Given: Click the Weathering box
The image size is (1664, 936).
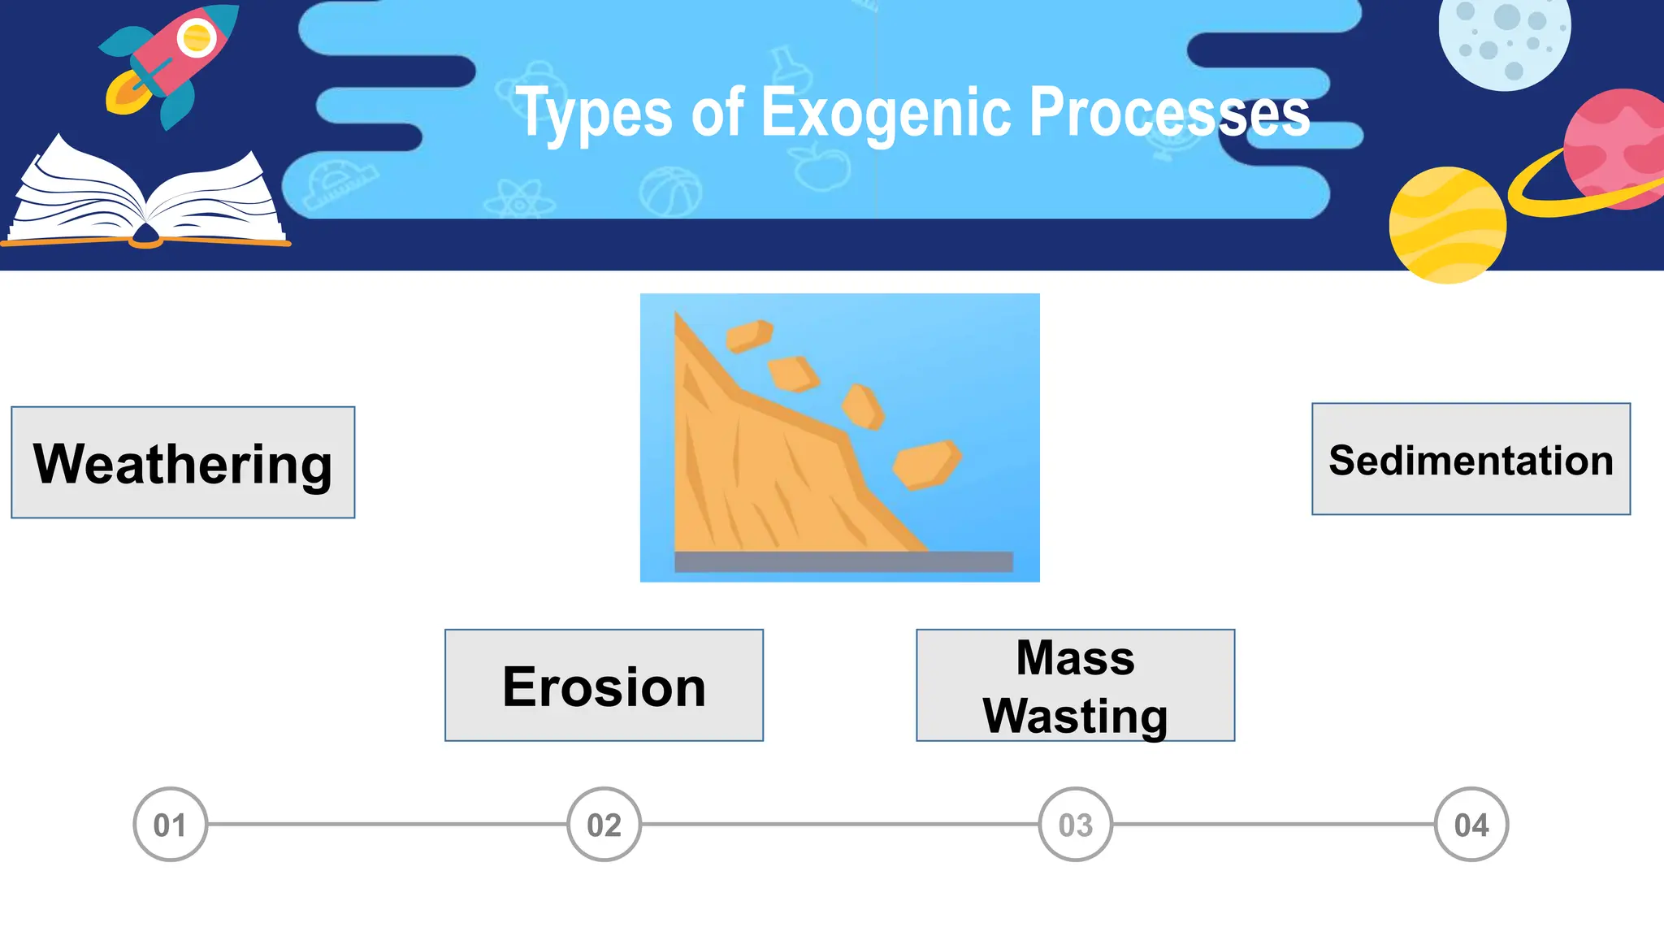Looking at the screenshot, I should [183, 462].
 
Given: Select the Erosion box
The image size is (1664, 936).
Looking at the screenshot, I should [604, 685].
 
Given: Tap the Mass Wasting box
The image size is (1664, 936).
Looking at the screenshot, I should [1075, 685].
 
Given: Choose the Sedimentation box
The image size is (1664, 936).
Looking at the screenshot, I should [1471, 459].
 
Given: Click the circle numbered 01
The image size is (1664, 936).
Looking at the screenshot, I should [170, 825].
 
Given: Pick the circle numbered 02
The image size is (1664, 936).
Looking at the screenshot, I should [604, 825].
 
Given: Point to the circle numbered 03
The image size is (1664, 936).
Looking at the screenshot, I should [1075, 825].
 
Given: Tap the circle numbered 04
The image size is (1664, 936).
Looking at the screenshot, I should [1471, 825].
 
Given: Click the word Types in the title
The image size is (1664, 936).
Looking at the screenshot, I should [594, 113].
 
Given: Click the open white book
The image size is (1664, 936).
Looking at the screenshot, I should [146, 195].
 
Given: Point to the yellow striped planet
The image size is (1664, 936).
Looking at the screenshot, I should [1447, 225].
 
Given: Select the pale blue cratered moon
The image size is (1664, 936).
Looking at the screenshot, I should [1504, 37].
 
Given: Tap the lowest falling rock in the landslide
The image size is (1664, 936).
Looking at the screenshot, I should [927, 465].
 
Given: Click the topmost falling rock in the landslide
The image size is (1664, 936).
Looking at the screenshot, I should [748, 335].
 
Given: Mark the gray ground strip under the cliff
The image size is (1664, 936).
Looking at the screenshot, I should [843, 561].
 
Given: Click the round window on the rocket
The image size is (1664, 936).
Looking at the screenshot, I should [197, 37].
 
